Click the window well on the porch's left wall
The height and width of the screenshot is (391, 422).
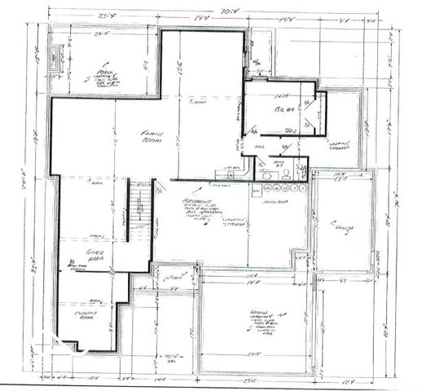(x=55, y=56)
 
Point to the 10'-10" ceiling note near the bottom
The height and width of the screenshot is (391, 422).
(x=171, y=356)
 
